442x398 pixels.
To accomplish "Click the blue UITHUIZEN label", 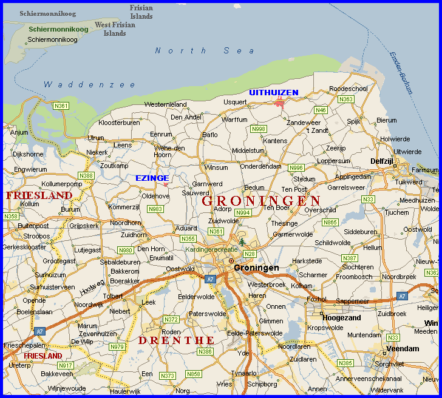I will (x=273, y=92).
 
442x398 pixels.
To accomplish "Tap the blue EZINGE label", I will (x=152, y=178).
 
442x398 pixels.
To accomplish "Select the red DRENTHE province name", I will (x=176, y=340).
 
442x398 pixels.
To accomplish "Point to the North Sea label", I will (x=205, y=51).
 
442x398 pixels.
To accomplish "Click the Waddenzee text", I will (x=90, y=85).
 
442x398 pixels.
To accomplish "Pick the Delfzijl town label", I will (x=382, y=161).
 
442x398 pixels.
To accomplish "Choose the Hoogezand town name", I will (x=342, y=317).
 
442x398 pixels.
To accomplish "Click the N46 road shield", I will (x=321, y=110).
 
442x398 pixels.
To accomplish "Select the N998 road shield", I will (x=259, y=129).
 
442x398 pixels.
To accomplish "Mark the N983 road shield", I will (x=155, y=209).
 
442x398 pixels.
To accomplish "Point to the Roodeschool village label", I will (x=348, y=89).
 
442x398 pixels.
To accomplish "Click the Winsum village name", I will (x=217, y=167).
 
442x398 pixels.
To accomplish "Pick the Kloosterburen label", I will (x=119, y=123).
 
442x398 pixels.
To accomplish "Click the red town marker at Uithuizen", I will (x=279, y=102).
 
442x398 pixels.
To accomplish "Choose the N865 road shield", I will (x=330, y=222).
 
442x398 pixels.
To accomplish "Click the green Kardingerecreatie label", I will (x=211, y=249).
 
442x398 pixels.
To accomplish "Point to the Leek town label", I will (x=149, y=302).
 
